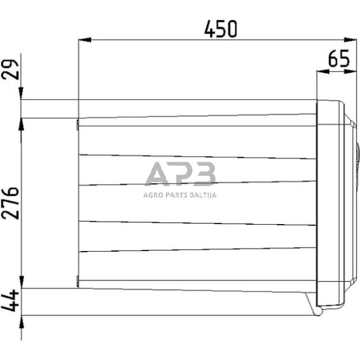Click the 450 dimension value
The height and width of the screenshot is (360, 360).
click(220, 29)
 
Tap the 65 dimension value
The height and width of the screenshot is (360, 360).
click(339, 60)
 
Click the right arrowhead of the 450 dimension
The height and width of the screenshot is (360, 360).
click(354, 41)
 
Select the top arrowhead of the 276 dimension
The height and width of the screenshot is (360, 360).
click(22, 123)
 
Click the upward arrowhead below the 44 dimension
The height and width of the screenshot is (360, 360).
click(22, 321)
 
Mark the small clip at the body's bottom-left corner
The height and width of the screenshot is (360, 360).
click(78, 281)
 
